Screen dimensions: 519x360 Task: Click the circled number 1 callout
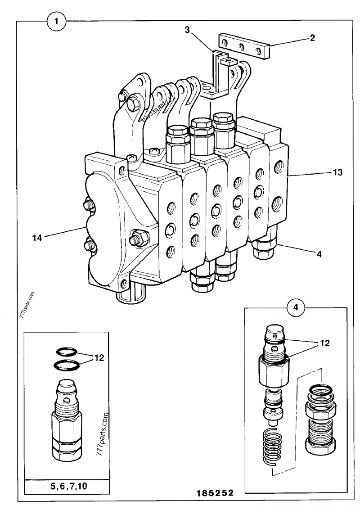pyautogui.click(x=56, y=21)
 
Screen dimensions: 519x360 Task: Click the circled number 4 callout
pyautogui.click(x=295, y=308)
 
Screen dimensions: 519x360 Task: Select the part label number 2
pyautogui.click(x=312, y=38)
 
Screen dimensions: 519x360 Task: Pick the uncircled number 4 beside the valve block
pyautogui.click(x=319, y=254)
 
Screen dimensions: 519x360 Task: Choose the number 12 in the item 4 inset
pyautogui.click(x=324, y=343)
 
